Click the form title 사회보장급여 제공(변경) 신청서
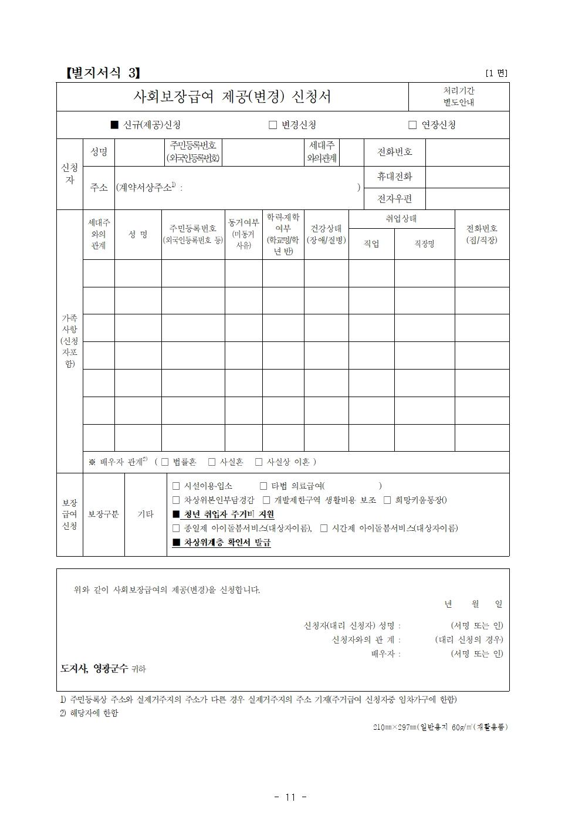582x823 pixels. pos(232,96)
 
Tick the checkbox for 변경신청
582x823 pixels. pos(272,125)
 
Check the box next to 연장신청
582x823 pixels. pos(412,125)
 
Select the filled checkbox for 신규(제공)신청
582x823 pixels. pos(114,125)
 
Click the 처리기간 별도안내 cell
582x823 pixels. pos(458,96)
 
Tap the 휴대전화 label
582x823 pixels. pos(394,177)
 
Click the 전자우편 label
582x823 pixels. pos(394,199)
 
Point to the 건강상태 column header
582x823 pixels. pos(326,234)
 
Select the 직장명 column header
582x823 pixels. pos(424,243)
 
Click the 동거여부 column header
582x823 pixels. pos(243,234)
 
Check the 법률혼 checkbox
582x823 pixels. pos(165,462)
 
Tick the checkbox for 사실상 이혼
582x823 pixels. pos(259,462)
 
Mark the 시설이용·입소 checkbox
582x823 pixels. pos(176,486)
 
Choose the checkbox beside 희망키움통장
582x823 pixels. pos(387,500)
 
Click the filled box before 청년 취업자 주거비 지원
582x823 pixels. pos(176,514)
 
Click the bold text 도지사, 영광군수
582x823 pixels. pos(94,668)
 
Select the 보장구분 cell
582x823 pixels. pos(103,514)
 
